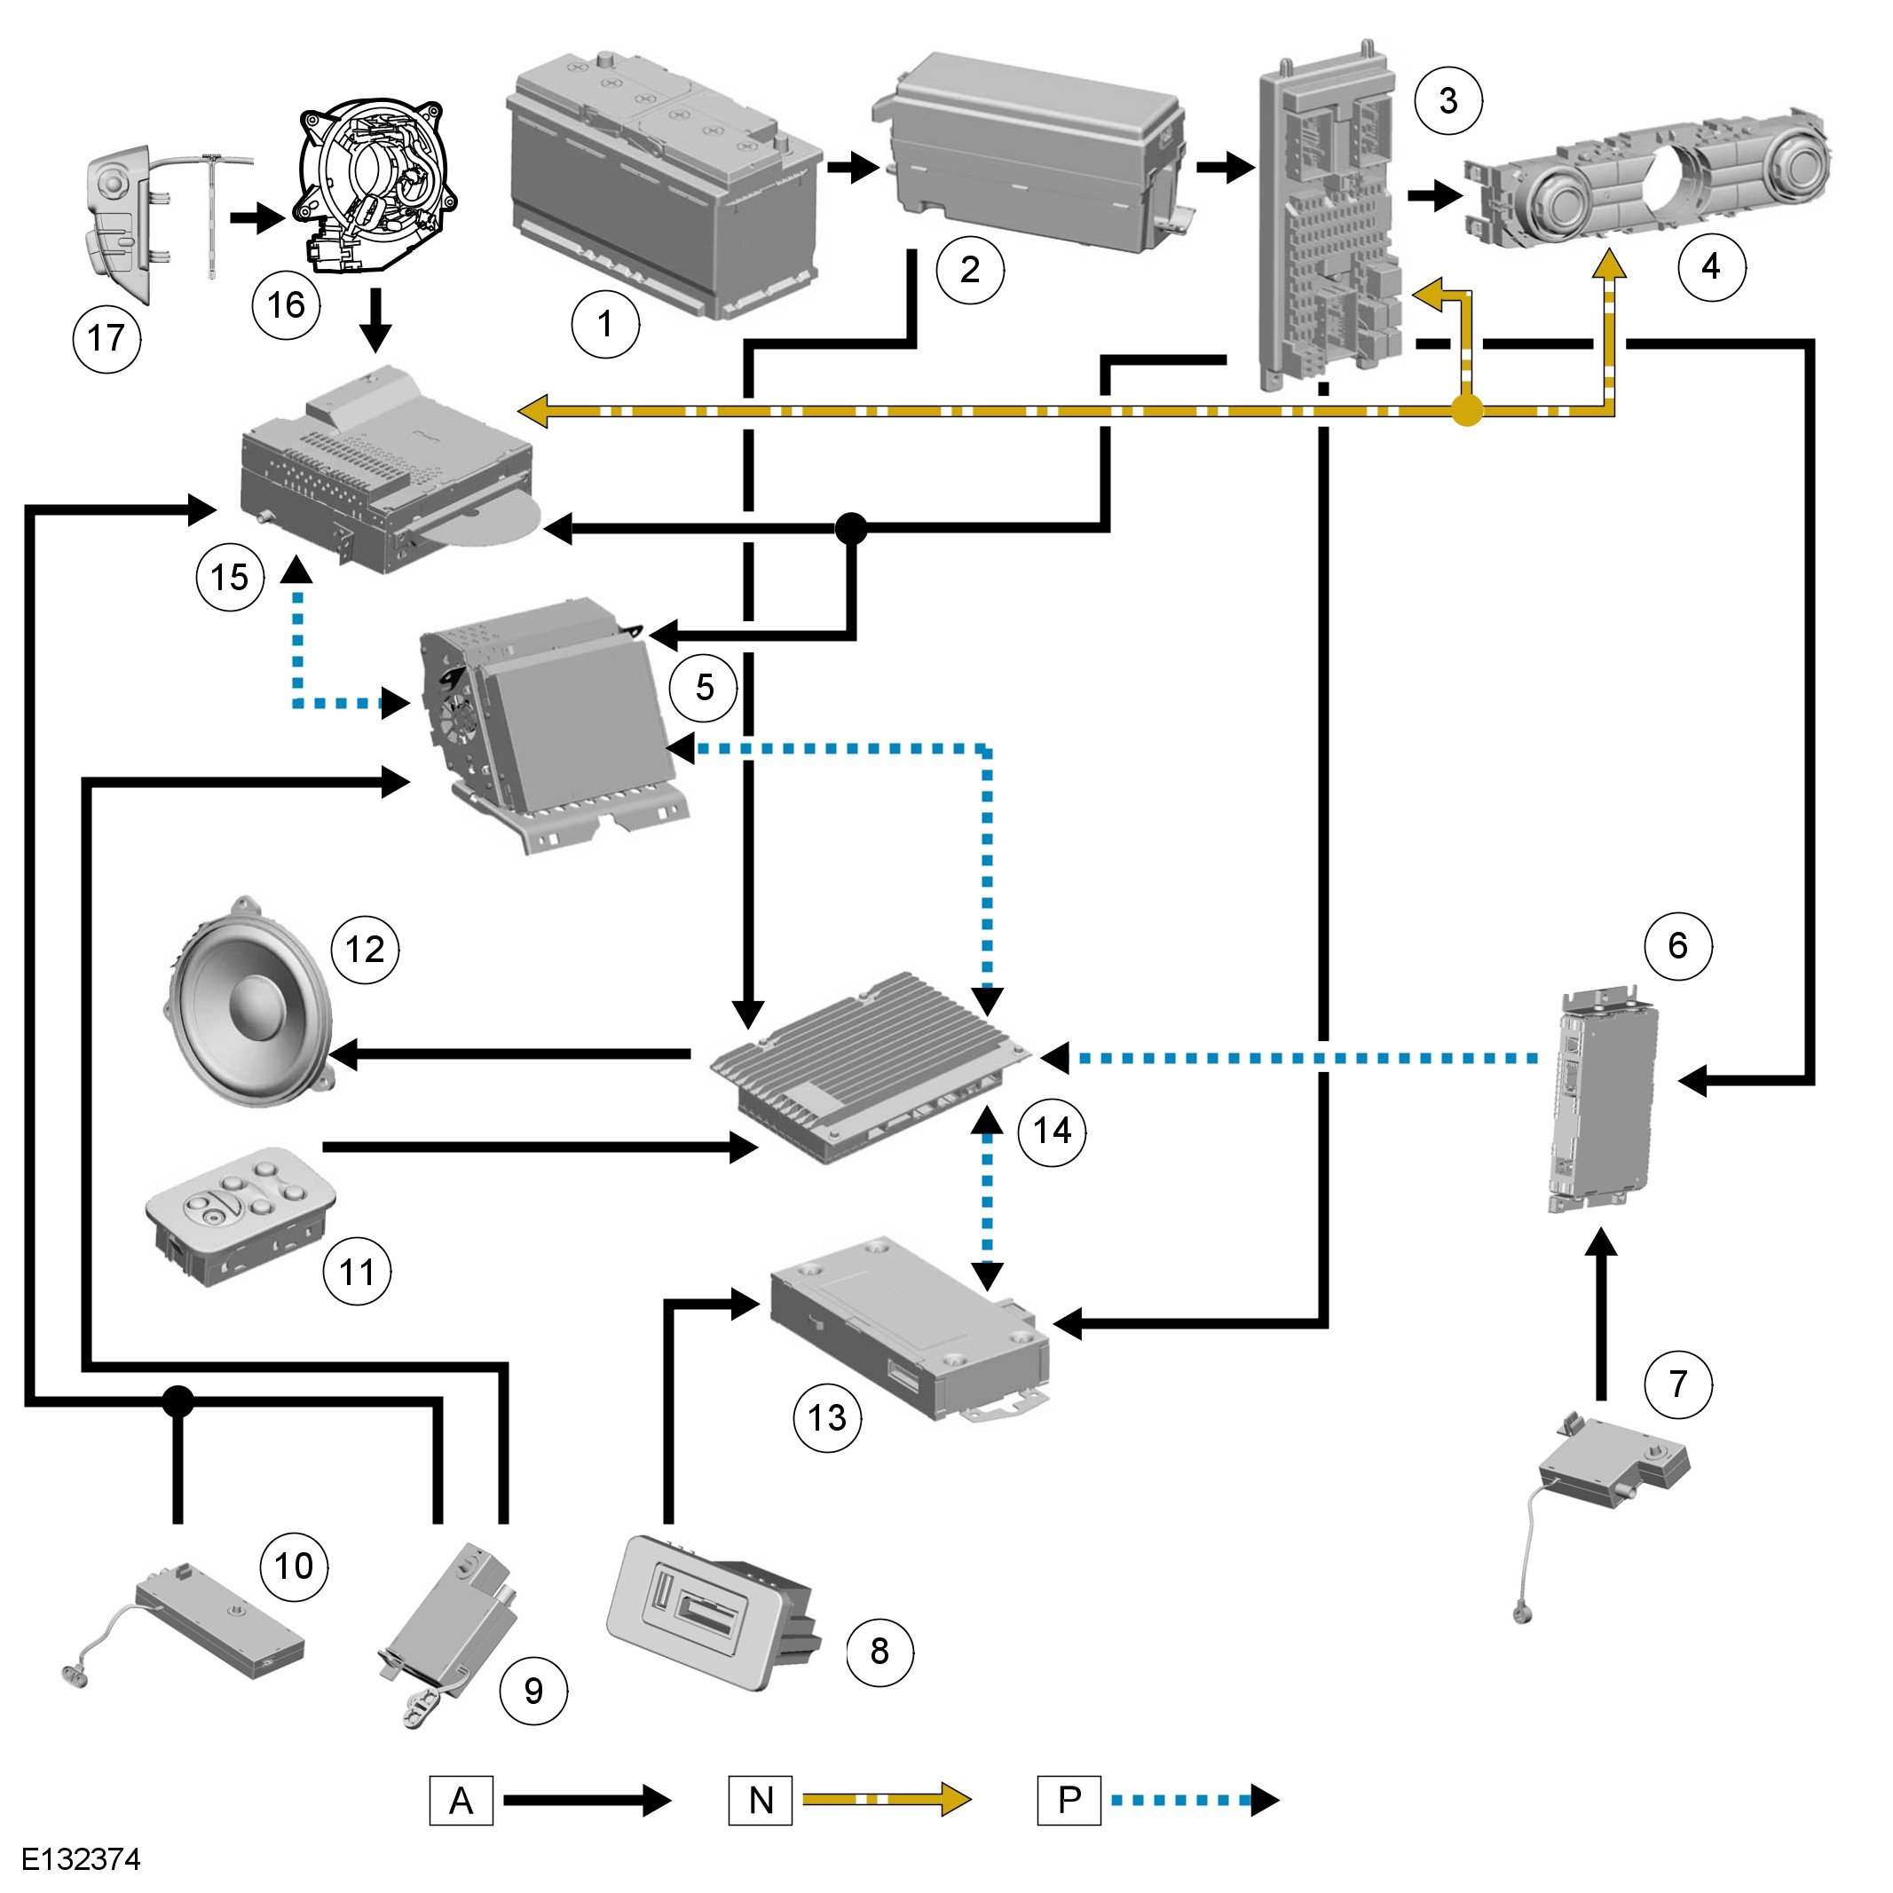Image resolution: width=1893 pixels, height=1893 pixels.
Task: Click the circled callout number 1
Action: point(605,324)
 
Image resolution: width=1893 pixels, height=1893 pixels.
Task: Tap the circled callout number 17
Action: point(106,339)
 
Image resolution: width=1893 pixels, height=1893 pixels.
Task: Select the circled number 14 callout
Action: point(1053,1132)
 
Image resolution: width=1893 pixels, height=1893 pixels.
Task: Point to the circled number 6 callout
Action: point(1677,945)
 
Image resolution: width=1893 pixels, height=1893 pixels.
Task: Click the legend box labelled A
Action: point(461,1800)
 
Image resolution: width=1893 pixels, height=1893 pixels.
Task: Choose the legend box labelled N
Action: point(761,1800)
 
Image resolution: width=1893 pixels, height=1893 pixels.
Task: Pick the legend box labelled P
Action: point(1069,1800)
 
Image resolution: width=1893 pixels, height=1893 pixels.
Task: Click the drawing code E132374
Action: point(82,1858)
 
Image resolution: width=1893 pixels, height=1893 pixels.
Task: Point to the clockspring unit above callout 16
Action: point(377,186)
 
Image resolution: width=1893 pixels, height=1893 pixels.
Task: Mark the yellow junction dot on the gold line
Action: point(1466,412)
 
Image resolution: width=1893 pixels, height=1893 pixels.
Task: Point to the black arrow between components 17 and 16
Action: point(256,217)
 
